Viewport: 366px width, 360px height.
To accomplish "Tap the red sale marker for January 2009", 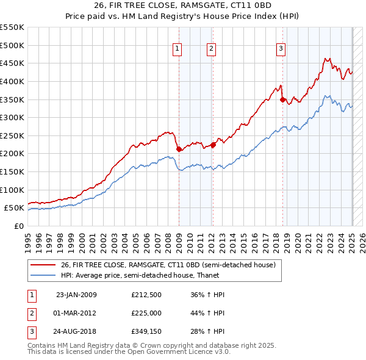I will pos(179,149).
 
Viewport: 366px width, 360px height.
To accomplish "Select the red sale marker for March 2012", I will pos(213,145).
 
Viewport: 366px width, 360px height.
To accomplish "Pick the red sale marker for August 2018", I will pos(282,99).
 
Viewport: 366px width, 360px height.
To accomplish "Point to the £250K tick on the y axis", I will pos(12,135).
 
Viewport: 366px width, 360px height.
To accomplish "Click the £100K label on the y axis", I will pos(12,190).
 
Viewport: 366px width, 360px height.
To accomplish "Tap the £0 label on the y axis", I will pos(18,226).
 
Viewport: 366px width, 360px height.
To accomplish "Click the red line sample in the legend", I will pos(43,265).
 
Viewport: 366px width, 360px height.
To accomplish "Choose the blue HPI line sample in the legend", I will pos(43,275).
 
